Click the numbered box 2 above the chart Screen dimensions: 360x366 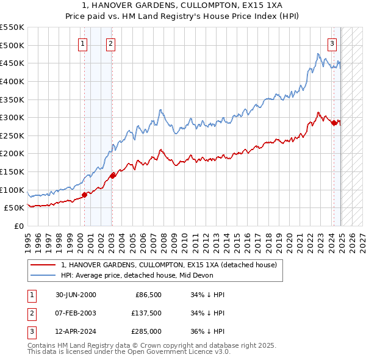click(x=110, y=43)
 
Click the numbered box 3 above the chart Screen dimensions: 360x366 click(x=332, y=43)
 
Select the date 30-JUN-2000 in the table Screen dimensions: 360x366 click(x=76, y=295)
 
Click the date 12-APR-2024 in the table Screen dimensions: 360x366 click(x=76, y=333)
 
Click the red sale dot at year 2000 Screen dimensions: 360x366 click(x=84, y=195)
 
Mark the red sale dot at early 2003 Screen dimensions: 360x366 click(x=112, y=176)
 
